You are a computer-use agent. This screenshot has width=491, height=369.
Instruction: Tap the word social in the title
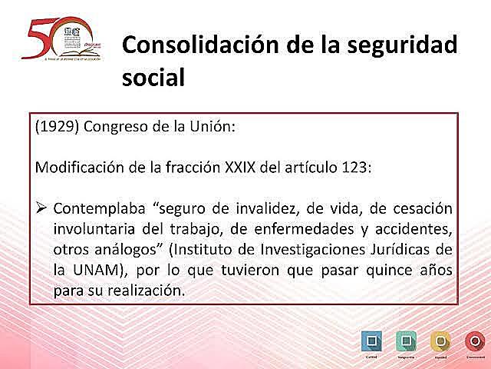pyautogui.click(x=153, y=78)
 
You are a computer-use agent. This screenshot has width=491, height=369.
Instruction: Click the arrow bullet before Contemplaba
pyautogui.click(x=42, y=208)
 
